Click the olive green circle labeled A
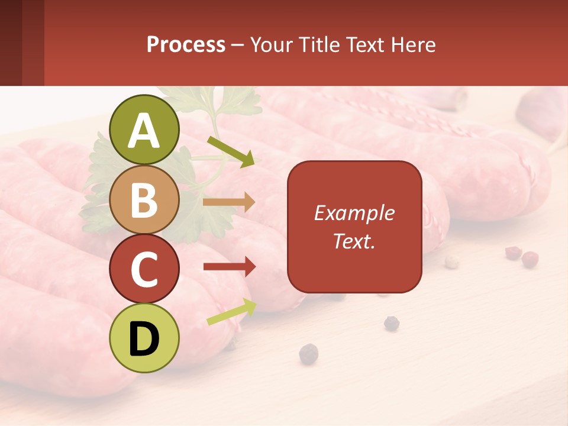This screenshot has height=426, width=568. click(144, 130)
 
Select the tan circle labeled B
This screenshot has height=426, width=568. click(144, 199)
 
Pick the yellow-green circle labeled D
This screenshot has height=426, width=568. click(144, 338)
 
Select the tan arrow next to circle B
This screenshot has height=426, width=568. click(229, 202)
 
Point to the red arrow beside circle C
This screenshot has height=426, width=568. click(229, 267)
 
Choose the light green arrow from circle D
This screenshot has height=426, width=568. click(231, 312)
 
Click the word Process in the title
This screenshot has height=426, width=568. click(186, 44)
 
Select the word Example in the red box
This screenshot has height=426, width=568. click(354, 213)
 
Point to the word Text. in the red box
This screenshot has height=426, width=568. click(354, 241)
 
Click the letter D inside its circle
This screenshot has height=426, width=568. click(144, 339)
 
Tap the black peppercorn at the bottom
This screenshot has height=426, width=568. click(308, 354)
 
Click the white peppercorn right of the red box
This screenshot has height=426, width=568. click(451, 261)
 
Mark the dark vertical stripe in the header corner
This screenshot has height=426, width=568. click(33, 43)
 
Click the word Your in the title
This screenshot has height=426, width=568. click(273, 44)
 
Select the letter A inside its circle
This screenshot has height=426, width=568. click(144, 131)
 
